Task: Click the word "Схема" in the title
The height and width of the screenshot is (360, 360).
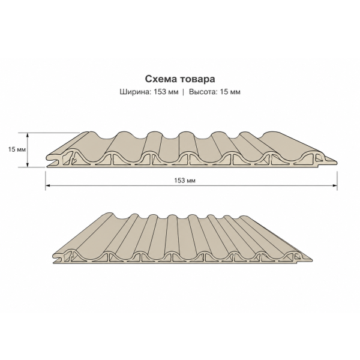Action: click(x=161, y=79)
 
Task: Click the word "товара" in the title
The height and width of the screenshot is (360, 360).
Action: click(x=197, y=79)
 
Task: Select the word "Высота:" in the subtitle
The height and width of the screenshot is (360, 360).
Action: click(x=203, y=92)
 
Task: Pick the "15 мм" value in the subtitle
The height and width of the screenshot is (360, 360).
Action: click(x=230, y=92)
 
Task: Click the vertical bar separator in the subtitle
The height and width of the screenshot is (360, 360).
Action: click(x=183, y=92)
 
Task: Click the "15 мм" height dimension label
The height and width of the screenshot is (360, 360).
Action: click(x=17, y=149)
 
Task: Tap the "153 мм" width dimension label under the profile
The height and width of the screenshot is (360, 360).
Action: click(x=185, y=181)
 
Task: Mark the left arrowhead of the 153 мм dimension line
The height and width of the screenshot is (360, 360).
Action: click(x=48, y=185)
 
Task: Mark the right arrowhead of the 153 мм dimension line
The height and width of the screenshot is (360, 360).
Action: click(x=335, y=185)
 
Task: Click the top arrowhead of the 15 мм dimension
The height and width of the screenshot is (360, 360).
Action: click(x=28, y=135)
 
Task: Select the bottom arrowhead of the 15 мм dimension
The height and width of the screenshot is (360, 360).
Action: click(x=28, y=164)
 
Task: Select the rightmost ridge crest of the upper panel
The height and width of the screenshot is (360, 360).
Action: click(x=273, y=133)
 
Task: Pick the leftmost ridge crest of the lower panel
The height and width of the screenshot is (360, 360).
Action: click(x=110, y=214)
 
